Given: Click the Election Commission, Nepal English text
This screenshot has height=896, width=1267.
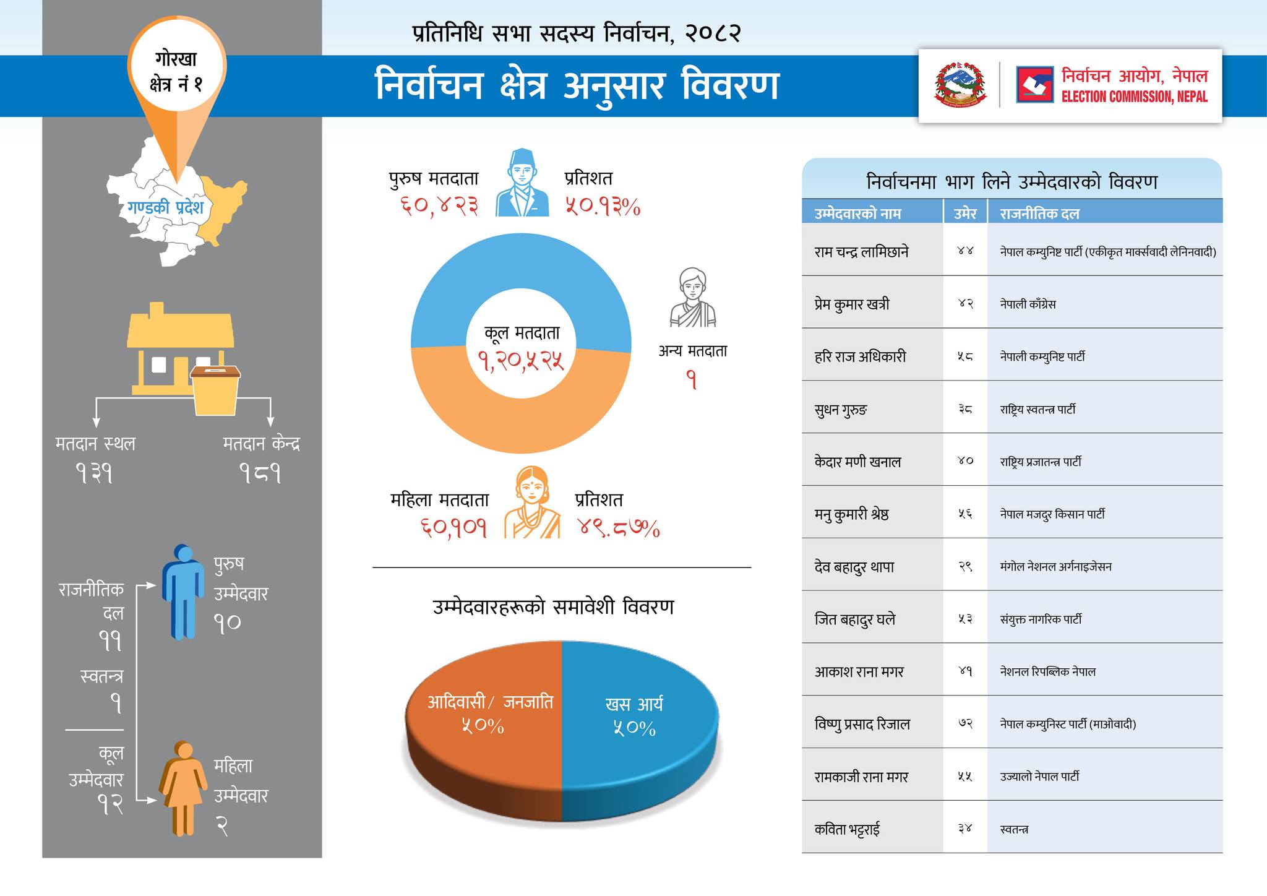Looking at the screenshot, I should click(x=1134, y=97).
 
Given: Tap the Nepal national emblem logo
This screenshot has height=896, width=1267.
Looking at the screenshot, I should click(x=960, y=85).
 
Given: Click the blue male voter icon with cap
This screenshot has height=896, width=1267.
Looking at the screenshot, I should click(x=522, y=183).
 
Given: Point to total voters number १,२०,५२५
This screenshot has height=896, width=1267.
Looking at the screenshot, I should click(x=521, y=360).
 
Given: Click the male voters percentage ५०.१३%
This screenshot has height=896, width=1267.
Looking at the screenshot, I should click(x=602, y=207).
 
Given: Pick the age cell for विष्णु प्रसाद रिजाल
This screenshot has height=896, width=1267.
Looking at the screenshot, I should click(x=965, y=723).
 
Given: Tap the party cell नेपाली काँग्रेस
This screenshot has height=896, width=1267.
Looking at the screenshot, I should click(x=1028, y=304).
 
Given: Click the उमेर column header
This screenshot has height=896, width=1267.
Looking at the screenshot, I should click(x=965, y=214).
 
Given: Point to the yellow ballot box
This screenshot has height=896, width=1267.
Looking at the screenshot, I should click(x=215, y=390).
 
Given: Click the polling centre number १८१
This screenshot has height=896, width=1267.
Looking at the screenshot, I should click(x=260, y=475).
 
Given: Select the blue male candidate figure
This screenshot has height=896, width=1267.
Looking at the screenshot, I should click(x=183, y=592).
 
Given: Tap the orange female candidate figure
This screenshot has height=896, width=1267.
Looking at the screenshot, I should click(x=183, y=788).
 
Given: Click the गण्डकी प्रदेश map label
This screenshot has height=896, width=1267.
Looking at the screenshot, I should click(x=165, y=207).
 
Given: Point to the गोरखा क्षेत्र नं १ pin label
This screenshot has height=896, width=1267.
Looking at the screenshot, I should click(x=176, y=71).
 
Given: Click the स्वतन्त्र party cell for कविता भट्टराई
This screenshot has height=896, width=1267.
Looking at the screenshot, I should click(x=1014, y=829).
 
